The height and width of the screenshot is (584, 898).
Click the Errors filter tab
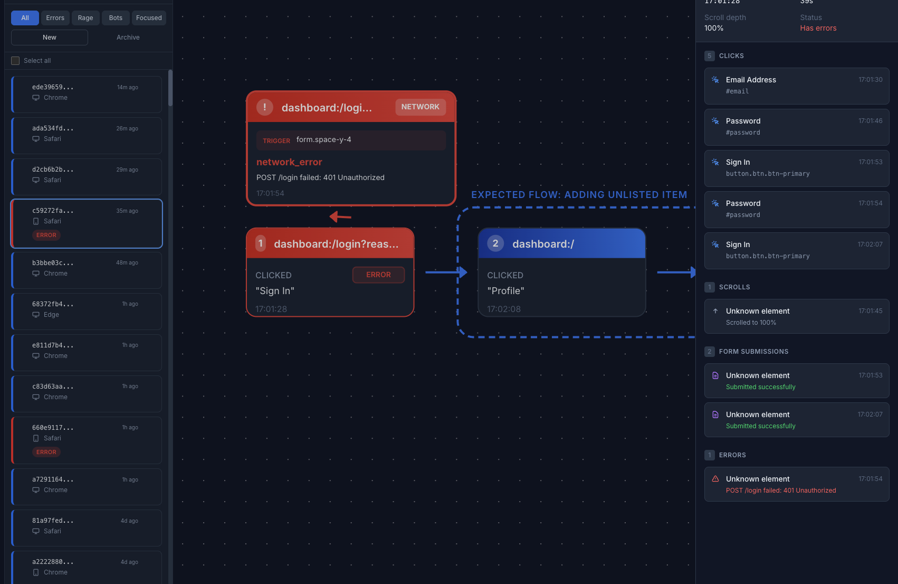tap(55, 18)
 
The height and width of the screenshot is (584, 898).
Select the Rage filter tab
tap(85, 18)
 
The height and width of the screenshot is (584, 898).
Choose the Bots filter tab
tap(116, 18)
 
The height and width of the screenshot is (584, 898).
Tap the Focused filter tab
tap(149, 18)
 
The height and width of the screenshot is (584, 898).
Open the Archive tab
tap(128, 37)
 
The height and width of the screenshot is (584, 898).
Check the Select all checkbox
tap(16, 61)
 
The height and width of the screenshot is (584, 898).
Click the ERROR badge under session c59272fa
tap(46, 235)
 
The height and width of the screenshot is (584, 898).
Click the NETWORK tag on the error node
tap(420, 107)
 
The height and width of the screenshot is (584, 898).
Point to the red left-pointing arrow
tap(340, 216)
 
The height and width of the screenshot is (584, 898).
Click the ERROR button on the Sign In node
tap(378, 275)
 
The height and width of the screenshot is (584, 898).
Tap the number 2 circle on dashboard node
tap(495, 243)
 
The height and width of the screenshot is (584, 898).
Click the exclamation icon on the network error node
tap(264, 107)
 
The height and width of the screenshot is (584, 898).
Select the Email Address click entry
tap(796, 86)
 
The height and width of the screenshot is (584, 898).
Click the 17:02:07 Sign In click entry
tap(796, 250)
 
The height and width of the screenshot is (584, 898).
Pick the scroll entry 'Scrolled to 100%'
tap(796, 316)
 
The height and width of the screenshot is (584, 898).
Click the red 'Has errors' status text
tap(818, 29)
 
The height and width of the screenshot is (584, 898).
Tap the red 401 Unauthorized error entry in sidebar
tap(796, 484)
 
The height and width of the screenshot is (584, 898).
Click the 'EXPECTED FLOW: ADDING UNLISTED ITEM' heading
tap(579, 195)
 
